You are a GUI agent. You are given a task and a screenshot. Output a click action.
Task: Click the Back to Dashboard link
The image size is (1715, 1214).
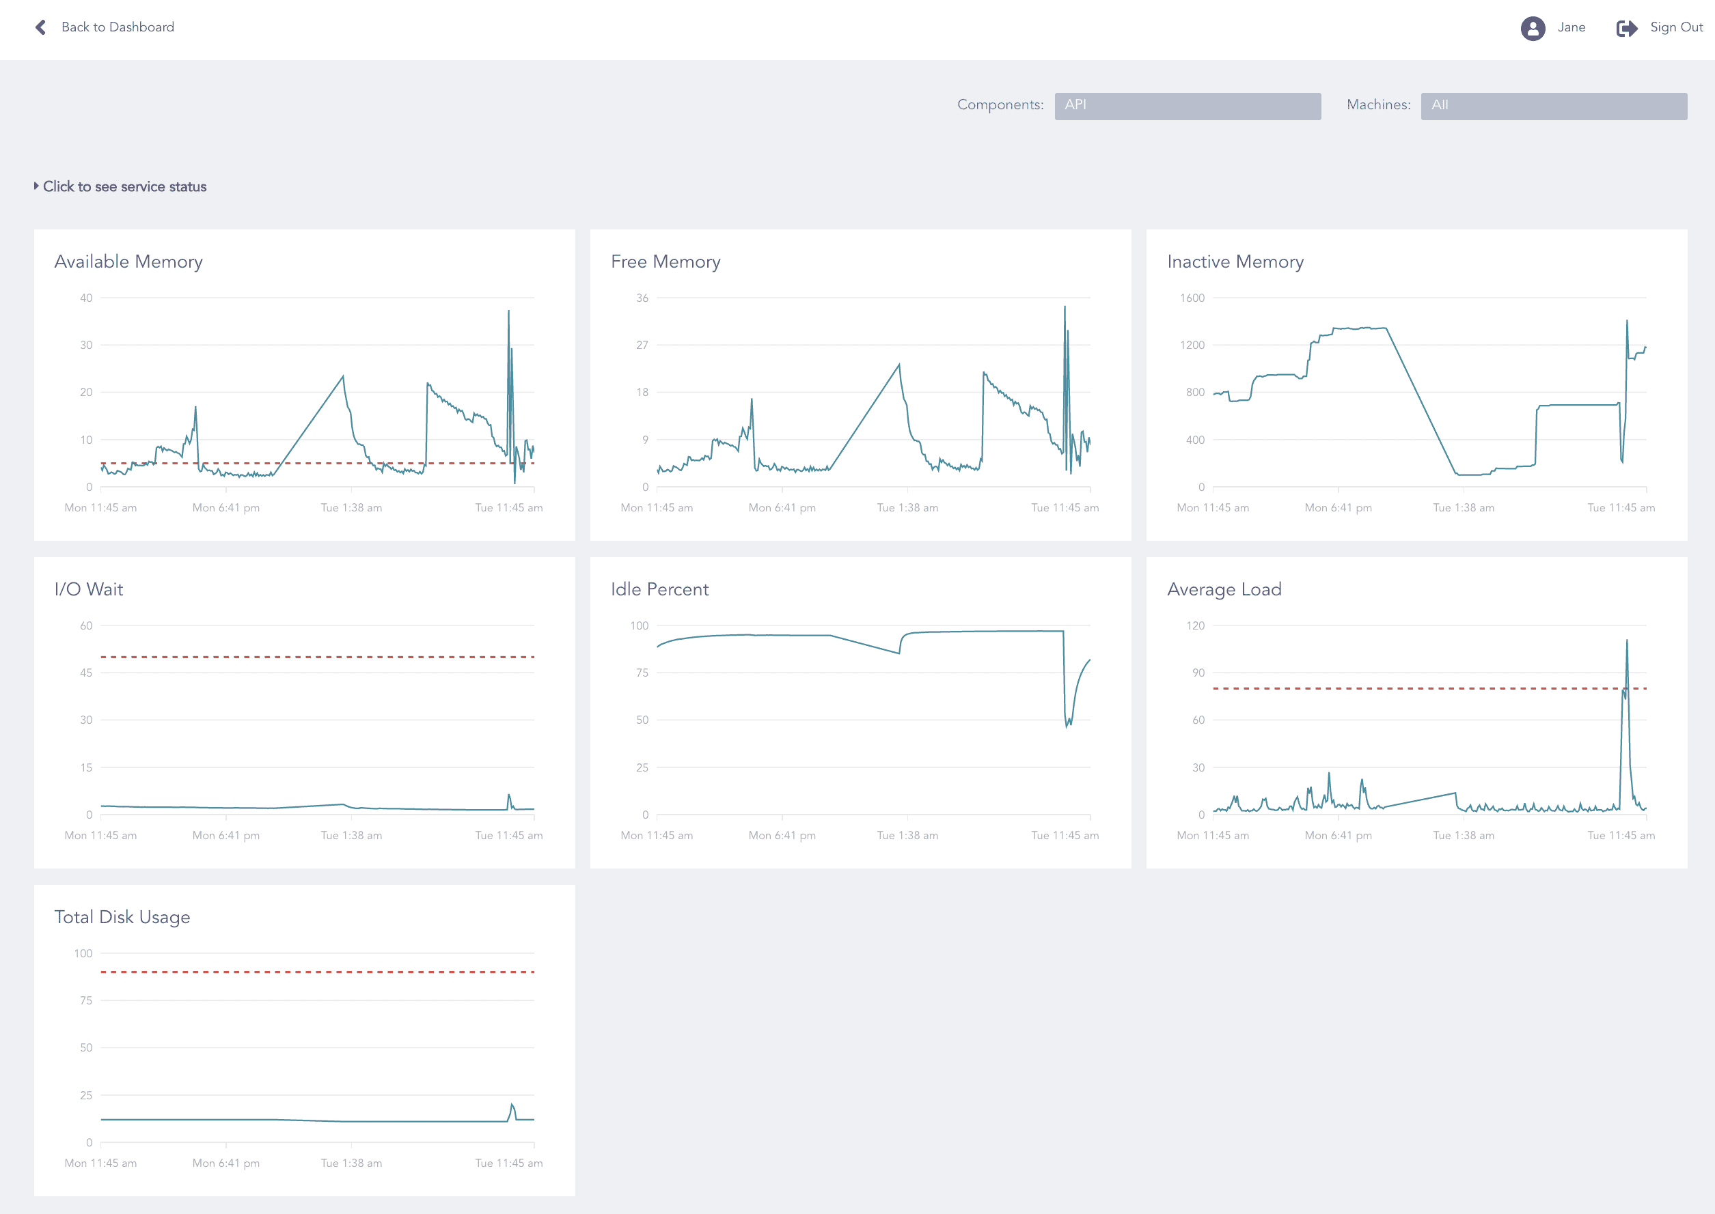(x=117, y=27)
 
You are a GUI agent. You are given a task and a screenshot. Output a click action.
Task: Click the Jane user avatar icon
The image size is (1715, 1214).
(x=1533, y=29)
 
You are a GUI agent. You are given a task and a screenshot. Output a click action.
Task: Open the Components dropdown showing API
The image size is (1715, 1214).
(x=1187, y=105)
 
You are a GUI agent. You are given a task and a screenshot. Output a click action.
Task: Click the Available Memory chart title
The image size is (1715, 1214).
(x=128, y=262)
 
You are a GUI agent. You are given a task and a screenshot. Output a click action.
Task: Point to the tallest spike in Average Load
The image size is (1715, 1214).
(x=1626, y=642)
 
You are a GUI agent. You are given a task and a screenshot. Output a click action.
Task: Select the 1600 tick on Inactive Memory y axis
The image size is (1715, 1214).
(x=1192, y=298)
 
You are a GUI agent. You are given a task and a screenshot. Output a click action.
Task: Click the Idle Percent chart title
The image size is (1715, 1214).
(x=659, y=589)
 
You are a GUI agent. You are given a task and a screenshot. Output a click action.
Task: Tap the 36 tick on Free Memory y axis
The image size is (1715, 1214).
(x=642, y=298)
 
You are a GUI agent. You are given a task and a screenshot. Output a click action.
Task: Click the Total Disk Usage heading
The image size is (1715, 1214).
(x=122, y=917)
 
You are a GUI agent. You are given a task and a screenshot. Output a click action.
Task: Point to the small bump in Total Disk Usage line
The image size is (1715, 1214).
(x=512, y=1105)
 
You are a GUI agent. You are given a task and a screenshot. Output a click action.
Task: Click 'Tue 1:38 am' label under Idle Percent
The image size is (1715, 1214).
(x=907, y=835)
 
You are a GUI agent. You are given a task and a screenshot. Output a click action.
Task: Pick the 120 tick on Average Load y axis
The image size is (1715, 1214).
(x=1194, y=625)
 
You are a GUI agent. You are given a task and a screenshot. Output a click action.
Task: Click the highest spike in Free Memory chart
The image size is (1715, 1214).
(x=1065, y=308)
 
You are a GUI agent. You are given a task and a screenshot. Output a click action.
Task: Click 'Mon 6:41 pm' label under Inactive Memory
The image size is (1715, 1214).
(x=1337, y=507)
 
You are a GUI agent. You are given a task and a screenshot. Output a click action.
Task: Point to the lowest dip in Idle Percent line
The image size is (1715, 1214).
(x=1067, y=726)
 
